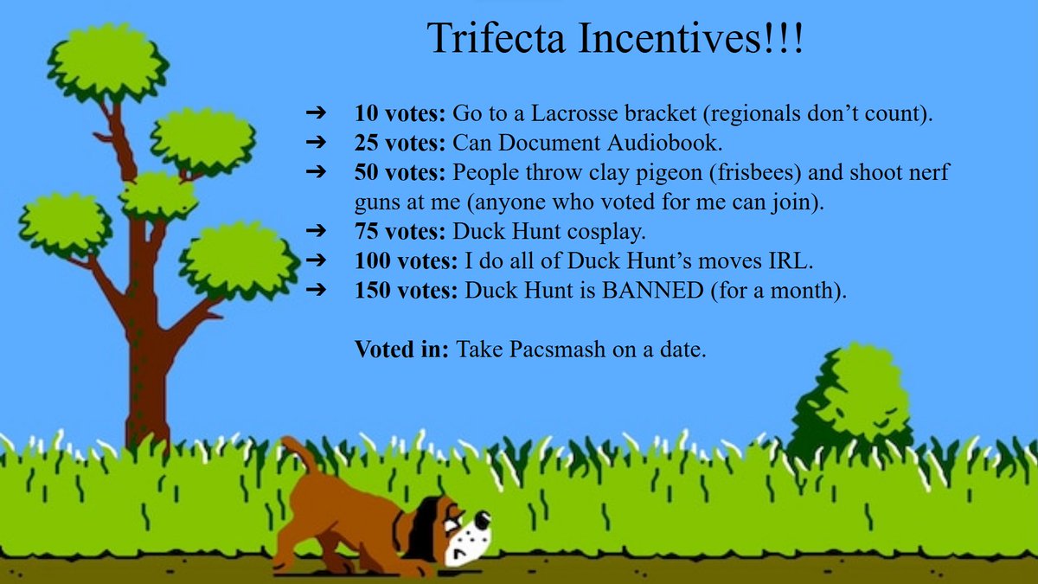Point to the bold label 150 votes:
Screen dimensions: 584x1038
(x=404, y=291)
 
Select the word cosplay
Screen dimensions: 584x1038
(x=613, y=232)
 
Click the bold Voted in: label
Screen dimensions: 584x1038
(x=401, y=350)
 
